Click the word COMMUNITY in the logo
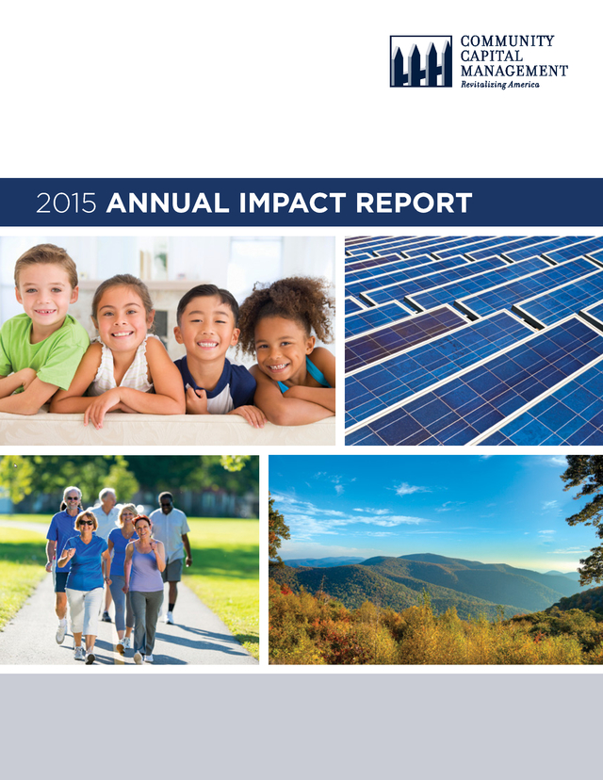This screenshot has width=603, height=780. (x=507, y=41)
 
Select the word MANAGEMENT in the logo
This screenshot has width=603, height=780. (x=513, y=71)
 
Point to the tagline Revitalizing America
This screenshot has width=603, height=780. (x=499, y=85)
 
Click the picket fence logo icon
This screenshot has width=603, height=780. (x=421, y=61)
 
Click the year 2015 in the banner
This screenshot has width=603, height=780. (x=66, y=203)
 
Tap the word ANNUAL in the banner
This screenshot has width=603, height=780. (x=168, y=203)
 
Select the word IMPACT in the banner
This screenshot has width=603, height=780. (x=292, y=203)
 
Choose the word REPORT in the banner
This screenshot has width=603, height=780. (x=414, y=203)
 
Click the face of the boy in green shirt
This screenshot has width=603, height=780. (x=45, y=298)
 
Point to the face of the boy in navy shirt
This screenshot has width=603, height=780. (x=206, y=331)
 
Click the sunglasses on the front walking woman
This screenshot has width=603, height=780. (x=86, y=523)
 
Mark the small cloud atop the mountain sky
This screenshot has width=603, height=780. (x=411, y=489)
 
